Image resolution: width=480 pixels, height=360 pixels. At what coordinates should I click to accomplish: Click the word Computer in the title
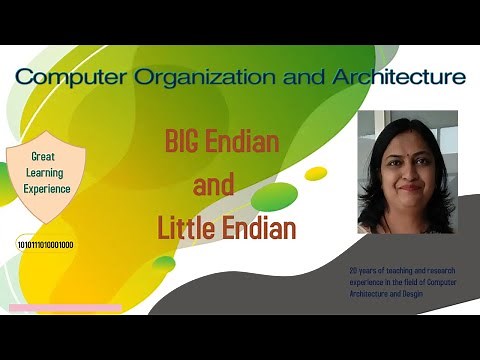pos(68,76)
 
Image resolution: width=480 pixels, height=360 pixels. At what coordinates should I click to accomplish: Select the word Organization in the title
pos(186,76)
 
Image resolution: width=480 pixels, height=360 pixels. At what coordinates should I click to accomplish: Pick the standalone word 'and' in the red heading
pos(218,185)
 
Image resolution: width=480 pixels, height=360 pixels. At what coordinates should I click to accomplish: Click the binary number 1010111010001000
pos(45,244)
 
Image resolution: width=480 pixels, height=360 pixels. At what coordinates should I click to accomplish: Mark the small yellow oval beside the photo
pos(316,173)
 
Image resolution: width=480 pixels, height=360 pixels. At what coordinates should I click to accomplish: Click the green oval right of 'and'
pos(274,196)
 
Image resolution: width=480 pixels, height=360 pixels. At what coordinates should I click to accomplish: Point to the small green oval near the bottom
pos(164,263)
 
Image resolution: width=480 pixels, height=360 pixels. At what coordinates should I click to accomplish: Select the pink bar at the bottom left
pos(65,307)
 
